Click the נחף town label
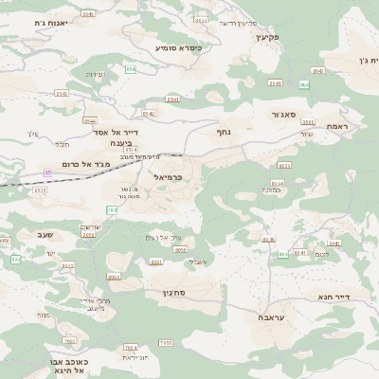point(224,134)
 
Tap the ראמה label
point(337,126)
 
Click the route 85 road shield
point(47,172)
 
